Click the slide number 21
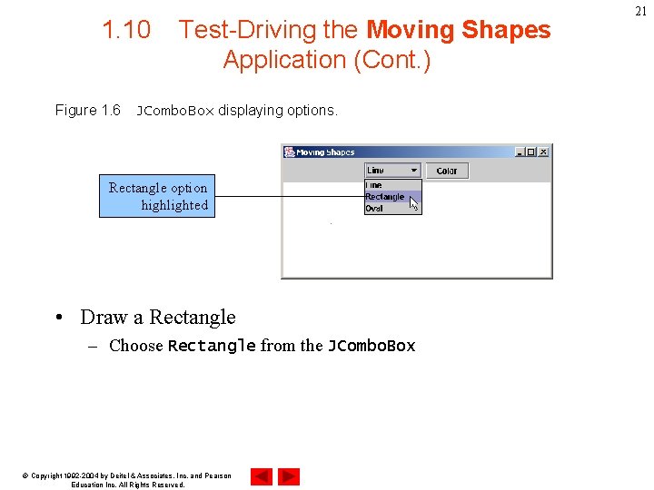pos(641,11)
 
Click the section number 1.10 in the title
pos(126,30)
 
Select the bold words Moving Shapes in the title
pos(458,30)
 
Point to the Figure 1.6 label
pos(87,111)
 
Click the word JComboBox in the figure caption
pos(174,112)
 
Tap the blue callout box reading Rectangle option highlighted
pos(157,196)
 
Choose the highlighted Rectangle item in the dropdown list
pos(385,197)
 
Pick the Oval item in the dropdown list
pos(374,209)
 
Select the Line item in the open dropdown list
pos(373,185)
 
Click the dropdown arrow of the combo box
pos(414,170)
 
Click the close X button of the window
pos(543,152)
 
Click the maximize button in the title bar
pos(531,152)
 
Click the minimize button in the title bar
pos(520,152)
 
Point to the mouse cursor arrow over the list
pos(413,203)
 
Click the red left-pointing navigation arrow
pos(261,476)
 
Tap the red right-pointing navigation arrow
pos(289,476)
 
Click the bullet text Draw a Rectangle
pos(157,318)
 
